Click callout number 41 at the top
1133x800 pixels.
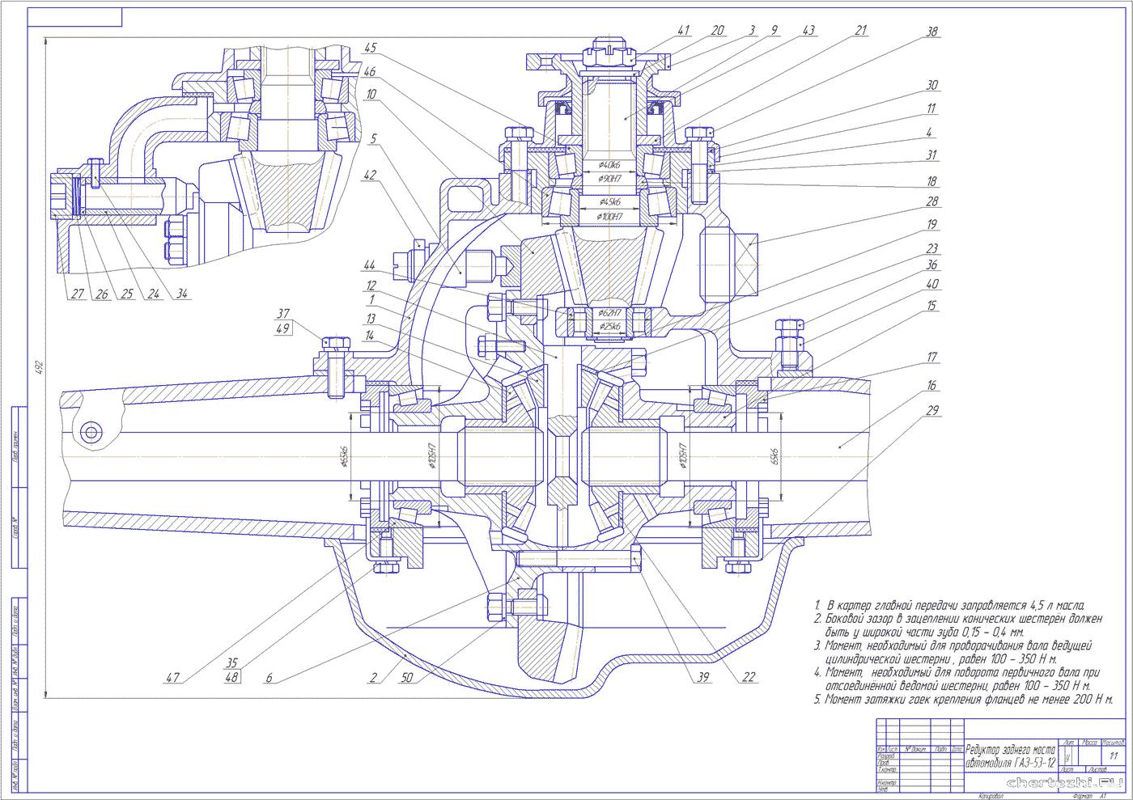point(683,31)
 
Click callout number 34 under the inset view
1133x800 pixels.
point(184,294)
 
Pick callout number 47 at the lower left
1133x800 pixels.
point(172,679)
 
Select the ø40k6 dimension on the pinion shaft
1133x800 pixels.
point(609,166)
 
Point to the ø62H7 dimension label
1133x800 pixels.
point(609,312)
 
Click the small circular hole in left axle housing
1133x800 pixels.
point(90,431)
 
